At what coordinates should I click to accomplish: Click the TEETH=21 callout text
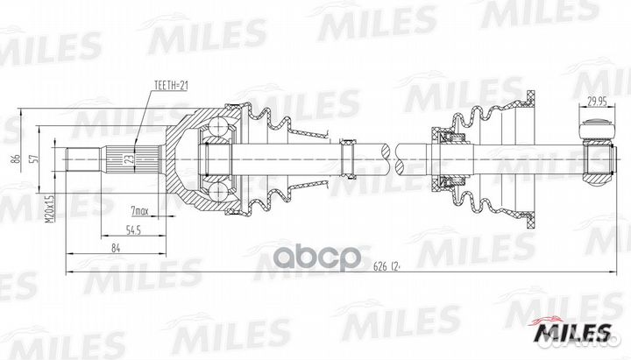coord(172,85)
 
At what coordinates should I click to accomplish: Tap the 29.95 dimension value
coord(597,102)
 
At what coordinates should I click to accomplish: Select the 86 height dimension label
coord(17,159)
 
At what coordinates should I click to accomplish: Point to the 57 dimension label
coord(35,159)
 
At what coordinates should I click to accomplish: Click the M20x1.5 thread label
coord(49,209)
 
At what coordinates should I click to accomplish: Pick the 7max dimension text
coord(140,211)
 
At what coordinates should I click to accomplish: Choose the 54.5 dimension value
coord(133,231)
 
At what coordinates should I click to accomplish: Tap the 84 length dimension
coord(116,248)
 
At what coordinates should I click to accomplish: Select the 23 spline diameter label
coord(130,159)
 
